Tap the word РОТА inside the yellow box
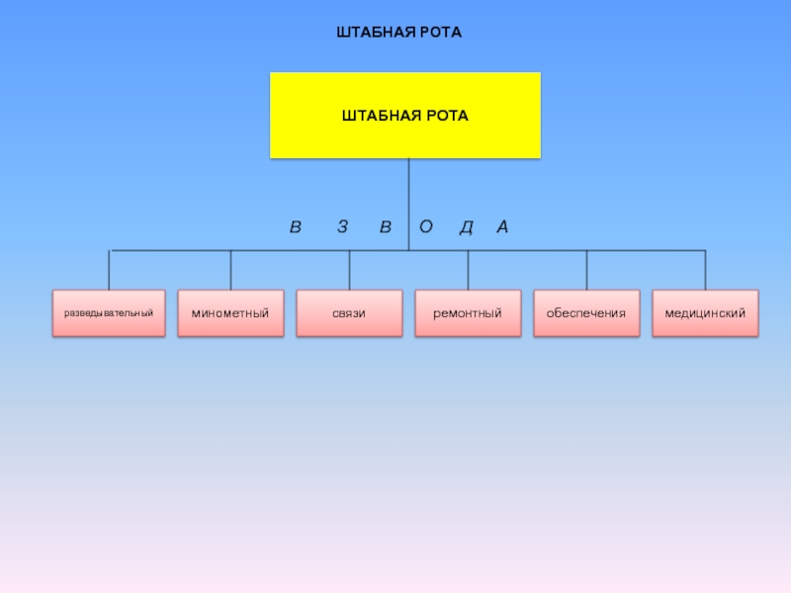coord(448,116)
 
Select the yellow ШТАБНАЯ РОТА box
coord(405,116)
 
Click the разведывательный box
coord(109,313)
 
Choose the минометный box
coord(230,313)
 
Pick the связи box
coord(349,313)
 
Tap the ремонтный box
coord(468,313)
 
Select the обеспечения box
coord(586,313)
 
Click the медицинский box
coord(705,313)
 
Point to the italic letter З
coord(342,226)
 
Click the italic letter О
coord(426,226)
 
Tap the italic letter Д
coord(467,227)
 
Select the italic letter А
coord(502,226)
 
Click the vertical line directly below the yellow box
coord(408,205)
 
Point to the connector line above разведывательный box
coord(109,270)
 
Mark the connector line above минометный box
coord(230,270)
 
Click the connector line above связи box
coord(349,270)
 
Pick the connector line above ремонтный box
coord(468,270)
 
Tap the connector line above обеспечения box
coord(586,270)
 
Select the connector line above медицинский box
coord(705,270)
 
